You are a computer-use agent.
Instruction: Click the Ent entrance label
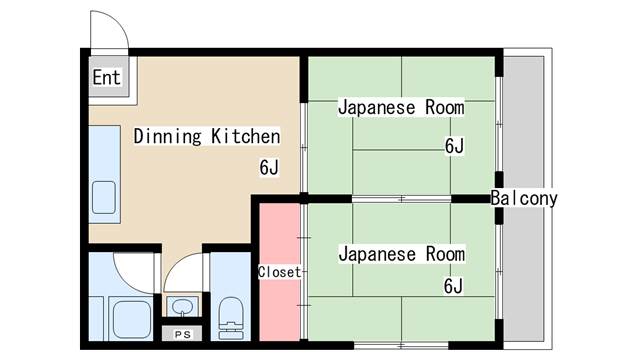coord(107,77)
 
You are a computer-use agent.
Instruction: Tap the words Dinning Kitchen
coord(207,136)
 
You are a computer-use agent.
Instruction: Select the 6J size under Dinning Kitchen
coord(269,167)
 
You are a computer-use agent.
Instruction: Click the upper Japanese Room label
coord(401,107)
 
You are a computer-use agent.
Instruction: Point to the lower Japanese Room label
coord(402,254)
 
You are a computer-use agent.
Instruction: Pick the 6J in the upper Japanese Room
coord(454,146)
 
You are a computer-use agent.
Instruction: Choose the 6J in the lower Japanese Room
coord(453,286)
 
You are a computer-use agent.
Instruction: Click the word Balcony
coord(524,198)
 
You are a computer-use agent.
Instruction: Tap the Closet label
coord(280,272)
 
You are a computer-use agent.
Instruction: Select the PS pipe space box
coord(182,334)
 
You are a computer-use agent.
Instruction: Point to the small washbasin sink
coord(182,307)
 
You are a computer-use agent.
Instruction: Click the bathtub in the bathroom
coord(131,320)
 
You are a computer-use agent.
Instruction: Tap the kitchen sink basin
coord(104,198)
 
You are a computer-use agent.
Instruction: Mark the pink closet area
coord(280,271)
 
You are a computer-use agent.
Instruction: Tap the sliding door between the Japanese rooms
coord(402,199)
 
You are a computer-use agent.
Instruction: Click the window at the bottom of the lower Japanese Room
coord(401,345)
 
